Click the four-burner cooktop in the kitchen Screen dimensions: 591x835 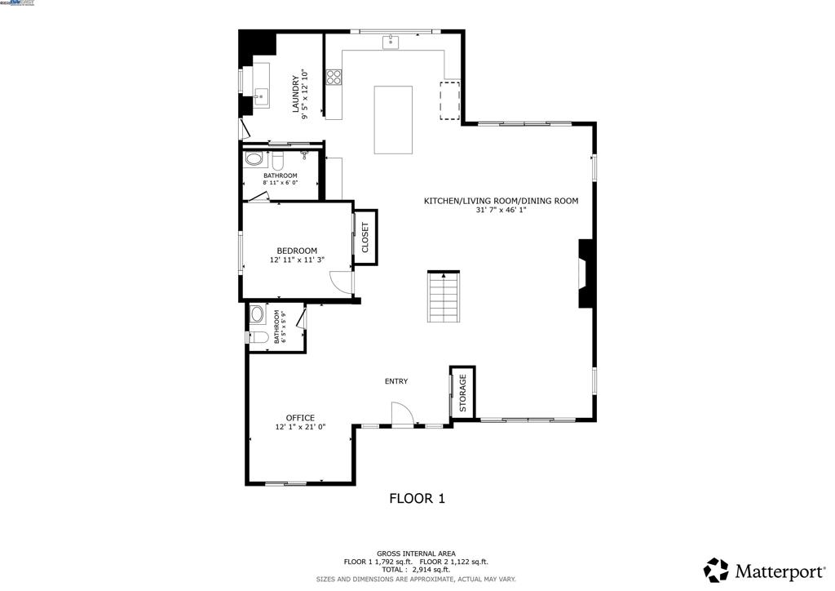pos(334,78)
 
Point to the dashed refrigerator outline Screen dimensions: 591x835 pos(451,100)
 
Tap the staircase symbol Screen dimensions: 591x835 pos(444,297)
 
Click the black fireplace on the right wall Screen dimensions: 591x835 pos(586,273)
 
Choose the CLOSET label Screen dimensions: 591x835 pos(365,238)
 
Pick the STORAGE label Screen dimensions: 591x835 pos(462,393)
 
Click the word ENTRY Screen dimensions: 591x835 pos(396,381)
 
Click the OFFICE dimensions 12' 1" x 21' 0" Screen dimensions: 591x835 pos(300,427)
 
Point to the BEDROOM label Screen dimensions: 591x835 pos(297,251)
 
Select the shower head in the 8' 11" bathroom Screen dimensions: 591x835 pos(304,153)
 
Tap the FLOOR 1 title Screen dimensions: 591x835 pos(417,498)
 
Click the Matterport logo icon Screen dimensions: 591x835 pos(716,569)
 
